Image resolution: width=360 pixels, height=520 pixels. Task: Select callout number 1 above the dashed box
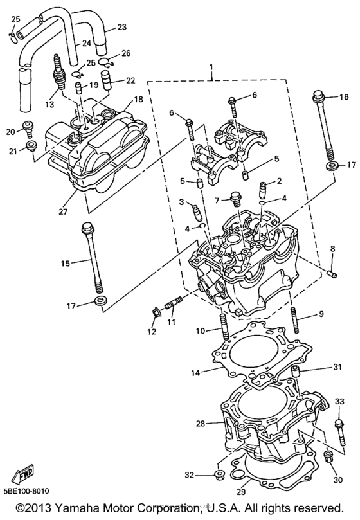tap(211, 67)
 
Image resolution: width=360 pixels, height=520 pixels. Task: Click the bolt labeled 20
tap(28, 129)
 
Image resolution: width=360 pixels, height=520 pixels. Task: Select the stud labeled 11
tap(172, 303)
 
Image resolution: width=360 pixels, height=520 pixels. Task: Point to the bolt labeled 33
tap(341, 433)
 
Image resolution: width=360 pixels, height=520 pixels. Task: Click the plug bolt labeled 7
tap(235, 199)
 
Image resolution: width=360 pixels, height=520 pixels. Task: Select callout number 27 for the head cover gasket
tap(63, 211)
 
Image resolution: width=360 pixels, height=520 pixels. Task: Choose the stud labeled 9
tap(296, 319)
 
